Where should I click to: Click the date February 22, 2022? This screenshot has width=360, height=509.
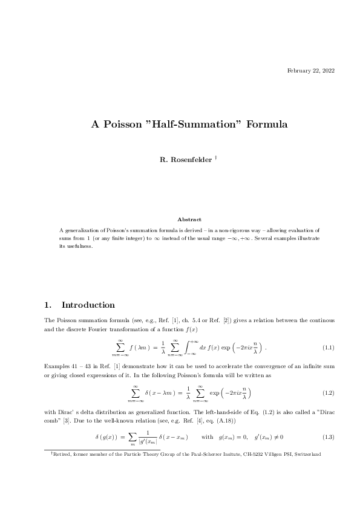(310, 71)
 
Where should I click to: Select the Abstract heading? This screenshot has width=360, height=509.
(189, 219)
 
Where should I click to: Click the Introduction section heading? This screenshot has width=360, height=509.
(88, 305)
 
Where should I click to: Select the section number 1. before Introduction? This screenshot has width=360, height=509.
(49, 305)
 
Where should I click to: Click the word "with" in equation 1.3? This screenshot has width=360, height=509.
(207, 436)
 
